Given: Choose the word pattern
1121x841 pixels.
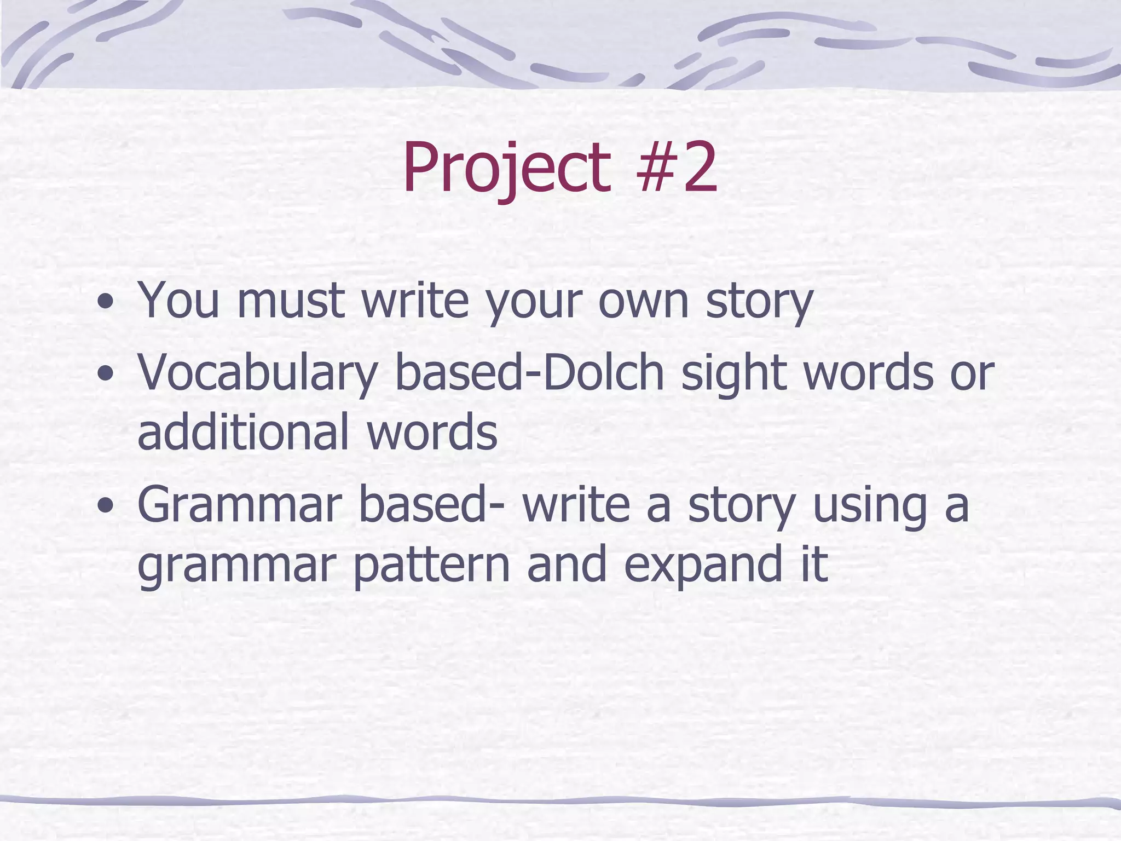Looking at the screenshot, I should (431, 566).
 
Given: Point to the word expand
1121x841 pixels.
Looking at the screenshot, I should (703, 566).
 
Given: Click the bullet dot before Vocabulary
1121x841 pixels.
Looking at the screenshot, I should (105, 375).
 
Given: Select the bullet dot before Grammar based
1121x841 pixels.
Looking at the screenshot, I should (105, 506).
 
